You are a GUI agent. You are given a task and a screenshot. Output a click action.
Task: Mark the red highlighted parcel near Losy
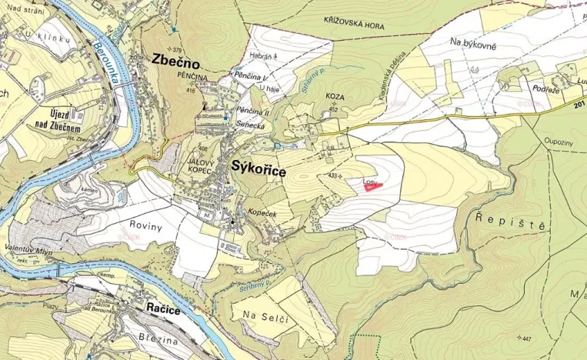(x=372, y=185)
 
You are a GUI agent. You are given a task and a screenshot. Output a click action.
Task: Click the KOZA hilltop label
(x=334, y=96)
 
